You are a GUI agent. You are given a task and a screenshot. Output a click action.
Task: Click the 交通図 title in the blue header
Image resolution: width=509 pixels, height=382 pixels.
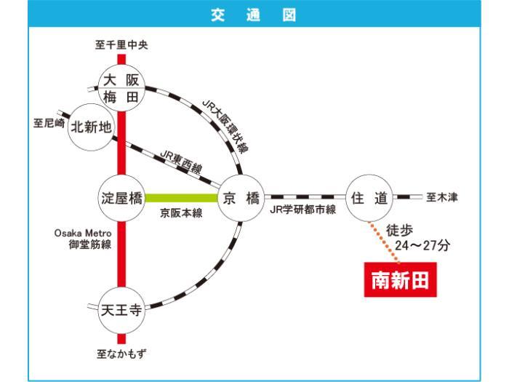tap(254, 15)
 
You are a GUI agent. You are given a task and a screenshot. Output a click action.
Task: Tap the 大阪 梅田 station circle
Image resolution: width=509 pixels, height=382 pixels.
tap(121, 88)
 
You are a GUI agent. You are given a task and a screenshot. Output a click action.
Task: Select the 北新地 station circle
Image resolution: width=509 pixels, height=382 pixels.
tap(91, 127)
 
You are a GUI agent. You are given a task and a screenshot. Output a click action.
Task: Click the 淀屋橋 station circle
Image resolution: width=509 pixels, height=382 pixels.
tap(121, 198)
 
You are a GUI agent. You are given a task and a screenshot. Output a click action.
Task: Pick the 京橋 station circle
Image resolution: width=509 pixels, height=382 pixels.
tap(241, 198)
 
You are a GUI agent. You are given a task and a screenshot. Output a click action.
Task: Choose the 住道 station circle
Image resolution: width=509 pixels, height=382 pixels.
tap(369, 198)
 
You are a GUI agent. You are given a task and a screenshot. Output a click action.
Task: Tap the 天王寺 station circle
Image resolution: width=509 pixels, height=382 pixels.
tap(121, 310)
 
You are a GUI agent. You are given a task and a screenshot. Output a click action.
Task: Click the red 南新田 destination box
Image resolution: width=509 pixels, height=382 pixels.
tap(400, 279)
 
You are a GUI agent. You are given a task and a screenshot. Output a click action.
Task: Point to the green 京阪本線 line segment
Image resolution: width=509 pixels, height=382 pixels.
tap(181, 198)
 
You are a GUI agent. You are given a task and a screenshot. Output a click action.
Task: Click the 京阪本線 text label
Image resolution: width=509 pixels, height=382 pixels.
tap(181, 213)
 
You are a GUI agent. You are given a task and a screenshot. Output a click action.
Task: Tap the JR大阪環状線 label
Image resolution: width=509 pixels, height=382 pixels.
tap(225, 127)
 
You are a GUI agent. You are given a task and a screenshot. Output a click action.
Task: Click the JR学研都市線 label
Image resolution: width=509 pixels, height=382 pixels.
tap(303, 210)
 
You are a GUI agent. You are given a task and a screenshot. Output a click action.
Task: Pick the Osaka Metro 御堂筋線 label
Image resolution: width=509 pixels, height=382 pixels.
tap(83, 239)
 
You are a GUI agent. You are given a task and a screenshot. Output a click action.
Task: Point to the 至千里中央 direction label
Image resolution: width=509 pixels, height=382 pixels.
tap(121, 45)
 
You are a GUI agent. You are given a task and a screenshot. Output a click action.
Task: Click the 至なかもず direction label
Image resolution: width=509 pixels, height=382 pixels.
tap(121, 354)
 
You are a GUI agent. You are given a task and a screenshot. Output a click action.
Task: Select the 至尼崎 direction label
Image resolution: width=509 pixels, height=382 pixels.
tap(49, 123)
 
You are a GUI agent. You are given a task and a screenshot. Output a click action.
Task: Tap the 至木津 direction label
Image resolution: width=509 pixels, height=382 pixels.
tap(442, 197)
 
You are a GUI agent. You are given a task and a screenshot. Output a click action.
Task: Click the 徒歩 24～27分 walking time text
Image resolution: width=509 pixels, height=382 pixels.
tap(417, 238)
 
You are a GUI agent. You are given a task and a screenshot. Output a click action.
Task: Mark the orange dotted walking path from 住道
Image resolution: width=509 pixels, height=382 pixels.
tap(384, 242)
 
